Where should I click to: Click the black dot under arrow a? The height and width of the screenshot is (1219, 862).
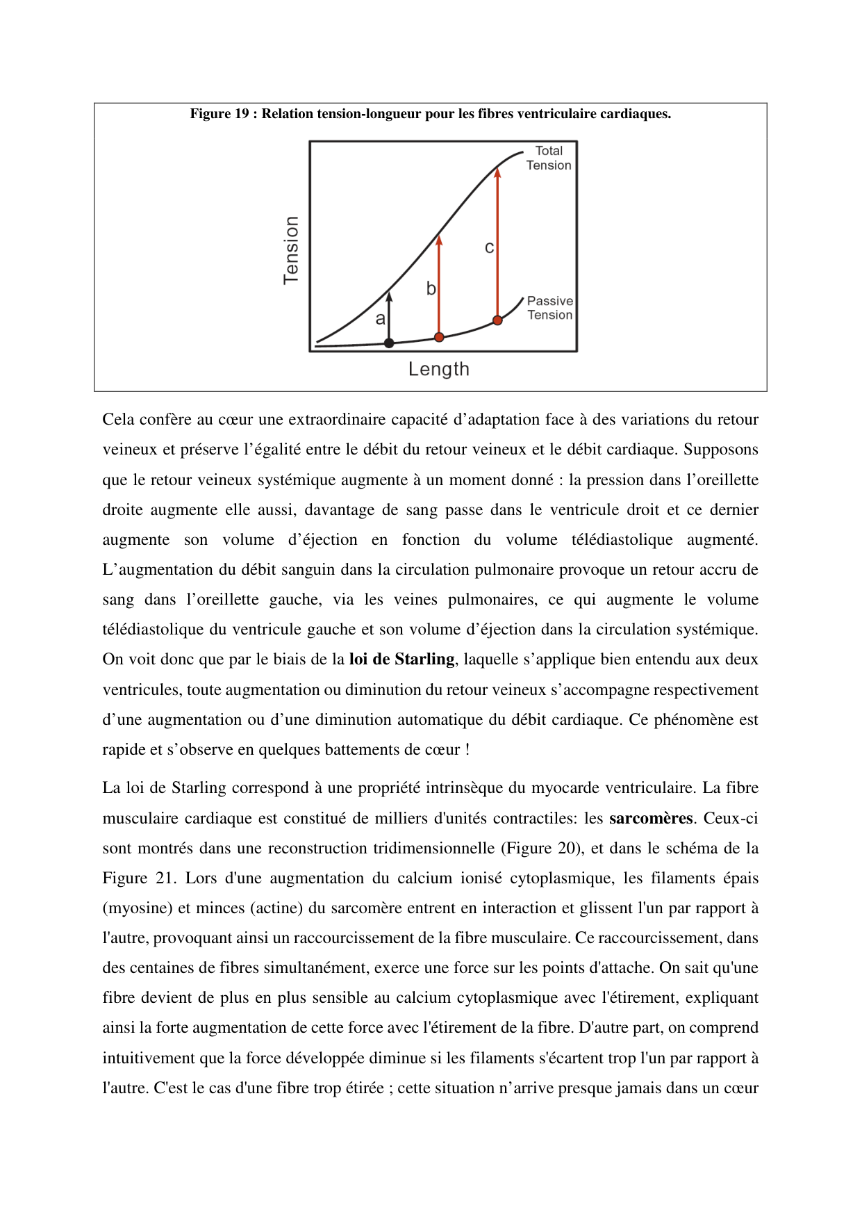coord(389,343)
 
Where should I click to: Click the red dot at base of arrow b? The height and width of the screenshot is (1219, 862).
coord(439,337)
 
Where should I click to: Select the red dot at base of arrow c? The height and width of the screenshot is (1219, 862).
coord(497,320)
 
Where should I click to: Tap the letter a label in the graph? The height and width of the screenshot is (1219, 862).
coord(380,319)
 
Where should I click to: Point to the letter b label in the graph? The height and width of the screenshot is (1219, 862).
coord(431,288)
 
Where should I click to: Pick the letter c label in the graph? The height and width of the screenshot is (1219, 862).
coord(489,247)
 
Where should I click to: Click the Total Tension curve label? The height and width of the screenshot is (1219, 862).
coord(549,158)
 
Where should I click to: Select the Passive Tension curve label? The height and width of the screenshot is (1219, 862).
coord(549,308)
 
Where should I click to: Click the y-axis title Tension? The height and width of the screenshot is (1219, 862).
coord(292,249)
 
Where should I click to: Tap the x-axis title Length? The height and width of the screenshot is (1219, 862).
coord(438,369)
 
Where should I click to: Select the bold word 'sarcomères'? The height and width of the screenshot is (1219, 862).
coord(651,818)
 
